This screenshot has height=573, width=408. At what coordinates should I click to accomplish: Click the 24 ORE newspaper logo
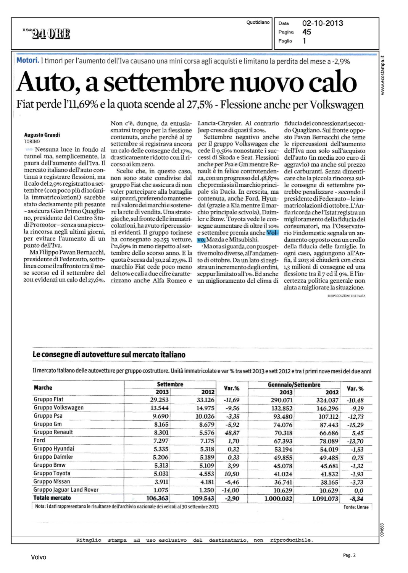pyautogui.click(x=47, y=34)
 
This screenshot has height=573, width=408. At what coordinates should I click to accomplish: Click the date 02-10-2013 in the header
pyautogui.click(x=323, y=23)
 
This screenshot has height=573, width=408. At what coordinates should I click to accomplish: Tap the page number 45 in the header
pyautogui.click(x=306, y=32)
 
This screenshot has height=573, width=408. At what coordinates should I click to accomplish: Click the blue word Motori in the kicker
pyautogui.click(x=27, y=61)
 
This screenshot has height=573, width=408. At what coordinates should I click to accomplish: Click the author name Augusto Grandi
pyautogui.click(x=42, y=135)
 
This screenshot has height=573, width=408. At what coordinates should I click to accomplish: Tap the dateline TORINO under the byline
pyautogui.click(x=32, y=141)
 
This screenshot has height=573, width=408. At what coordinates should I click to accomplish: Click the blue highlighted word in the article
pyautogui.click(x=273, y=233)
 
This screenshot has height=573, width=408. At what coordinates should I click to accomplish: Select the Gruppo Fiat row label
pyautogui.click(x=48, y=400)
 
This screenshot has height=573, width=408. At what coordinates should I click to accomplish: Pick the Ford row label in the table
pyautogui.click(x=39, y=440)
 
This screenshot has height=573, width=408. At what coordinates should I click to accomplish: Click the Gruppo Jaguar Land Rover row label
pyautogui.click(x=66, y=490)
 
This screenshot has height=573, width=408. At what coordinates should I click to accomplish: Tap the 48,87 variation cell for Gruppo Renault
pyautogui.click(x=232, y=433)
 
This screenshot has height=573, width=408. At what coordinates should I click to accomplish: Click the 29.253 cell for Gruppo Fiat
pyautogui.click(x=159, y=400)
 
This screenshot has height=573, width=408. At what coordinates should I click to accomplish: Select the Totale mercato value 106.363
pyautogui.click(x=158, y=498)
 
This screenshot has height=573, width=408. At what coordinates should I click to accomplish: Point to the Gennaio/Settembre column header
pyautogui.click(x=294, y=385)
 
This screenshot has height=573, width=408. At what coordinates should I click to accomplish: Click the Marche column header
pyautogui.click(x=43, y=388)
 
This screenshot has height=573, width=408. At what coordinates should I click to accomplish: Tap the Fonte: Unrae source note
pyautogui.click(x=356, y=507)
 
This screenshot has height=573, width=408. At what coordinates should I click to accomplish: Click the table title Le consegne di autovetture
pyautogui.click(x=109, y=354)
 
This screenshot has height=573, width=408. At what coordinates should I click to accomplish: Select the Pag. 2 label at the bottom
pyautogui.click(x=349, y=555)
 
